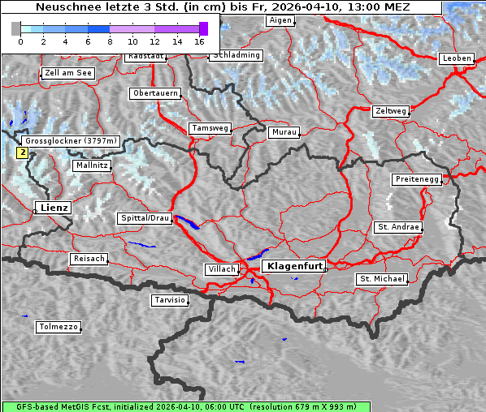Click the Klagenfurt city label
[x=295, y=265]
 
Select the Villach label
[x=220, y=268]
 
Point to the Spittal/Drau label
[x=145, y=218]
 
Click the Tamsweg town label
[x=210, y=128]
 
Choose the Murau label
[x=284, y=131]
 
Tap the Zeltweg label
[x=390, y=110]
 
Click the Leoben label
[x=456, y=58]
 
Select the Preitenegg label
[x=417, y=179]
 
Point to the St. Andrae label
[x=398, y=227]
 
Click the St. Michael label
[x=381, y=279]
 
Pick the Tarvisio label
[x=170, y=300]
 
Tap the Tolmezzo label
[x=59, y=327]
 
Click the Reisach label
[x=89, y=259]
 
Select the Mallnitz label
[x=91, y=165]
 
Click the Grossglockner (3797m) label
[x=72, y=141]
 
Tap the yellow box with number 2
[x=23, y=152]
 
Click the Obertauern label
[x=155, y=93]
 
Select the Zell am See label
[x=68, y=73]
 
